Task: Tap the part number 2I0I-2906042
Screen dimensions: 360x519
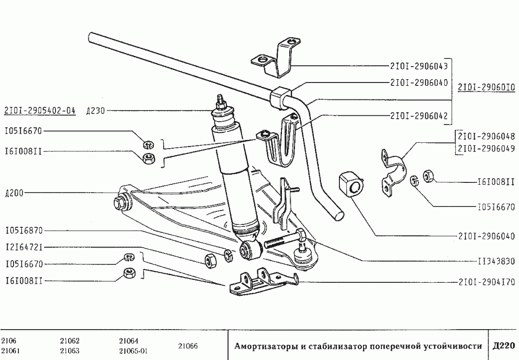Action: click(420, 116)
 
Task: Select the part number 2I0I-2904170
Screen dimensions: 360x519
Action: click(486, 282)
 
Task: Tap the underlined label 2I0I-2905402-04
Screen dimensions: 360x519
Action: click(40, 111)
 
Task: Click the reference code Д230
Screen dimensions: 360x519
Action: click(95, 111)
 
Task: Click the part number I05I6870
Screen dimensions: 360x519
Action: click(24, 231)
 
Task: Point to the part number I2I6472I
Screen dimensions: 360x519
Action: click(24, 248)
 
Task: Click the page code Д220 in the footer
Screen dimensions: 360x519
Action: click(504, 346)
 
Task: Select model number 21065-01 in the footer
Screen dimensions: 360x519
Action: click(133, 351)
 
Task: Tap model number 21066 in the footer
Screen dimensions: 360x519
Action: click(188, 346)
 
